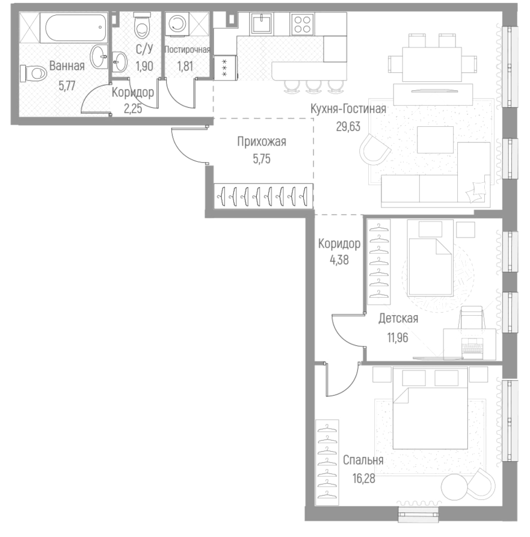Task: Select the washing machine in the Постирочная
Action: [x=179, y=25]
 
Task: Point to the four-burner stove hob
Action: [x=301, y=25]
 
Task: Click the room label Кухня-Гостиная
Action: [x=348, y=109]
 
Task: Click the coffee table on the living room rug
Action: [x=434, y=140]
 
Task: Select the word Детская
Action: [x=398, y=319]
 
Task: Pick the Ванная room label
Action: [x=67, y=66]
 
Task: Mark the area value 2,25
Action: [x=132, y=109]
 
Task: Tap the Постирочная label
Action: [x=188, y=49]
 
